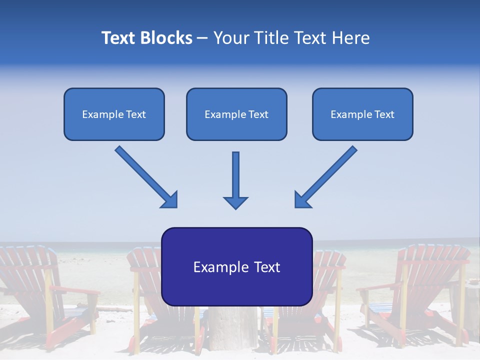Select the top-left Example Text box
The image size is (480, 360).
pyautogui.click(x=114, y=114)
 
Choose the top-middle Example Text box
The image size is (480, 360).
pyautogui.click(x=236, y=114)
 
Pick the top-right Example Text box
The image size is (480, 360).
pyautogui.click(x=362, y=114)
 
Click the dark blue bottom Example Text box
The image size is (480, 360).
pyautogui.click(x=236, y=266)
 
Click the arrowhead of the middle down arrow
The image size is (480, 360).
pyautogui.click(x=235, y=202)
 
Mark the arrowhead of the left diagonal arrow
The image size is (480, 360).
pyautogui.click(x=170, y=200)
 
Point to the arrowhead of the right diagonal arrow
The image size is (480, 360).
pyautogui.click(x=301, y=199)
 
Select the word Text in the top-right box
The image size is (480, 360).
pyautogui.click(x=384, y=114)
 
